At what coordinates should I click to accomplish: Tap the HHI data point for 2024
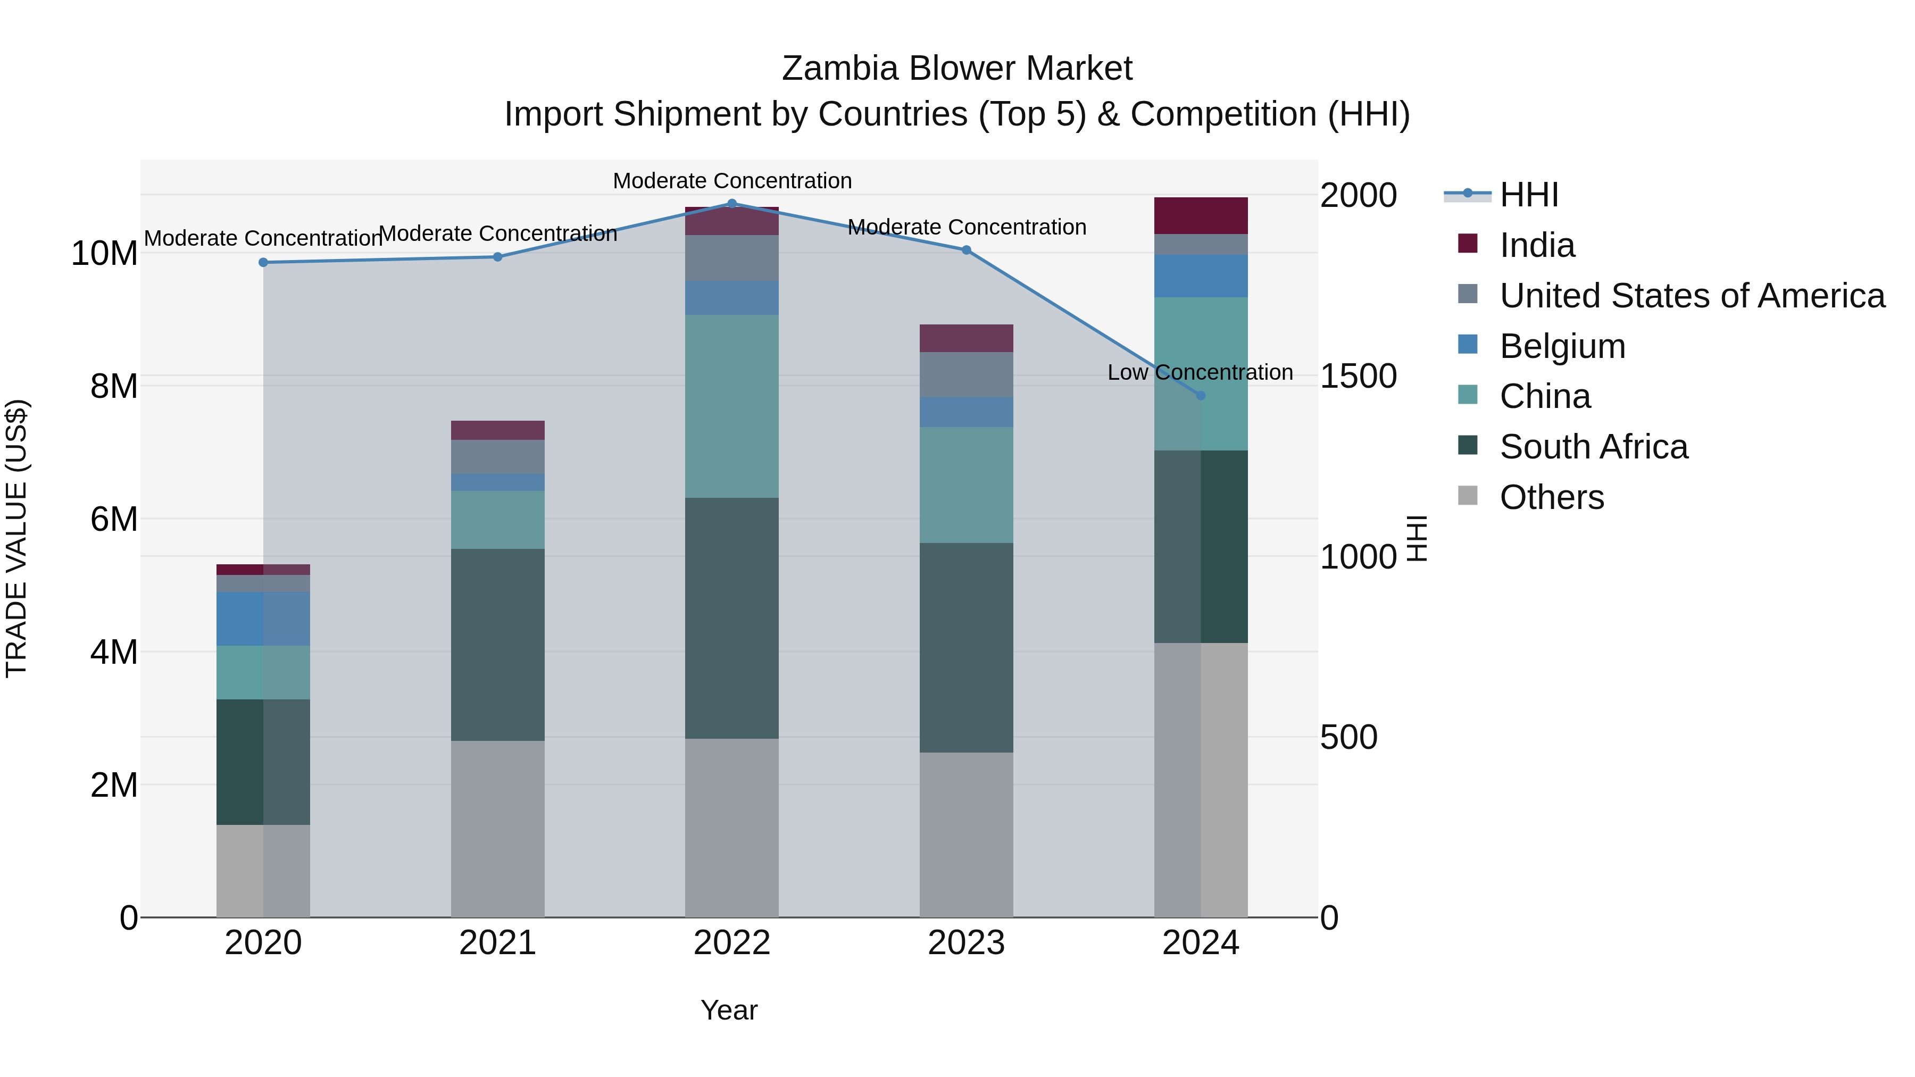(x=1201, y=395)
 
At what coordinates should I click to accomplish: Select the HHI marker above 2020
(x=263, y=262)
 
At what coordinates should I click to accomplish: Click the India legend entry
(x=1537, y=245)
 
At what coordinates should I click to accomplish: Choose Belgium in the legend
(x=1562, y=346)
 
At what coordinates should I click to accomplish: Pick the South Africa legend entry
(x=1593, y=447)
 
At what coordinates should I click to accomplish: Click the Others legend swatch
(x=1468, y=496)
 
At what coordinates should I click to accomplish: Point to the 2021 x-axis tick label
(x=497, y=943)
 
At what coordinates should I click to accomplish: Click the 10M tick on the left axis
(x=104, y=254)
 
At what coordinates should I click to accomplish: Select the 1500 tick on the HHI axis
(x=1358, y=376)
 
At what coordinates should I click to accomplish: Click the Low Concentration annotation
(x=1200, y=372)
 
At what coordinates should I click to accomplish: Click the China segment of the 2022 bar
(x=731, y=406)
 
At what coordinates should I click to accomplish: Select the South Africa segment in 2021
(x=497, y=645)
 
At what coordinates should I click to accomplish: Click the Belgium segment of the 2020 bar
(x=263, y=619)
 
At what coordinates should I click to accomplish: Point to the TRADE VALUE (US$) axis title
(x=16, y=538)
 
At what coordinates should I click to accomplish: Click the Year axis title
(x=729, y=1010)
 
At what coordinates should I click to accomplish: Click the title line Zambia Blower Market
(x=957, y=69)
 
